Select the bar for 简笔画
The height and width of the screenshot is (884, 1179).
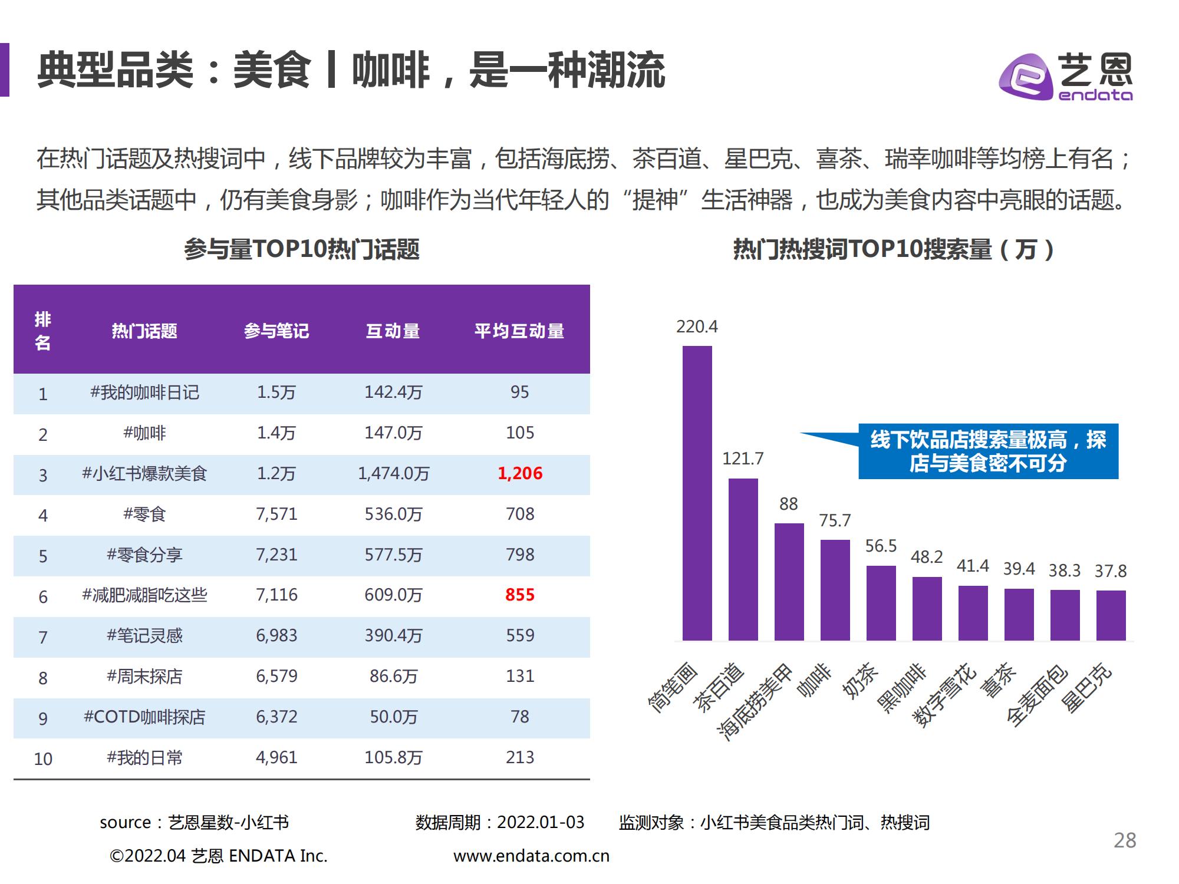[697, 493]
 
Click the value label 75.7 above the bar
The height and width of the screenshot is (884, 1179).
[835, 520]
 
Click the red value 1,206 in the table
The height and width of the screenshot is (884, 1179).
[519, 474]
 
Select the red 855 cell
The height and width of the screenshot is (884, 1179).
[519, 595]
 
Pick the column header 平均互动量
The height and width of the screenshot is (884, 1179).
[519, 331]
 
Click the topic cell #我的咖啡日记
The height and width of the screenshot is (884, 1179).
[144, 392]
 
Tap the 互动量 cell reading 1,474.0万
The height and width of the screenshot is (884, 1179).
[393, 474]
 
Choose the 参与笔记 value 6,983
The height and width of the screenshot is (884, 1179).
[276, 636]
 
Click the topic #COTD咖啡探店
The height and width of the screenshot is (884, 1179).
[144, 717]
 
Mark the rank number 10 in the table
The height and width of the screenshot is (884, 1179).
[43, 758]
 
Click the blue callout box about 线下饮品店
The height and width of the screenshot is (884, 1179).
[988, 451]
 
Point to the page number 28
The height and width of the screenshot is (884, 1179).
[1124, 840]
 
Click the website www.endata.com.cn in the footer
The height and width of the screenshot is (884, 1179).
[531, 856]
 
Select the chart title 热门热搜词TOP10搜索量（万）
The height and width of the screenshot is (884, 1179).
[893, 249]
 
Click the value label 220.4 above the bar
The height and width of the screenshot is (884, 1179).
[697, 326]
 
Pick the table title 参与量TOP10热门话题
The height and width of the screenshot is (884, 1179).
[301, 249]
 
